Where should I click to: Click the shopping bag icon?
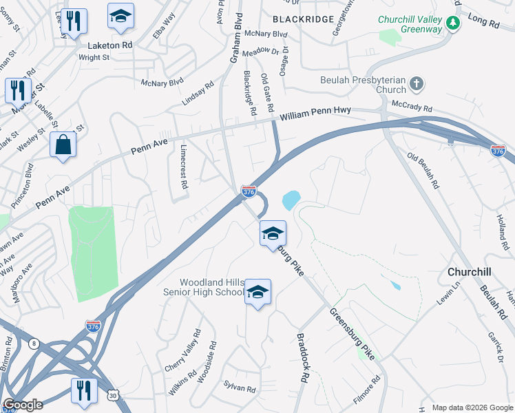63,145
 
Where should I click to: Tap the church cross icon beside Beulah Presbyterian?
416,85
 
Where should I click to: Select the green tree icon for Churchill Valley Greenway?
453,25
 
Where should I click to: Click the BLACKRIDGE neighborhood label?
303,19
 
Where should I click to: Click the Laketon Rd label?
110,45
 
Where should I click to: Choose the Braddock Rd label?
302,359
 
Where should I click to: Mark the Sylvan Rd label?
240,388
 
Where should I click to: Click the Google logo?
23,405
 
